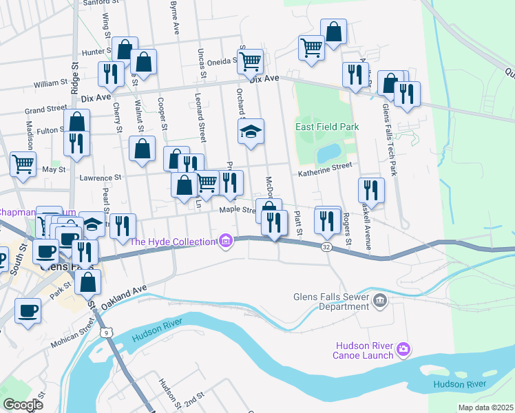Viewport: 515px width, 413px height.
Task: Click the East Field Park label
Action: pos(328,127)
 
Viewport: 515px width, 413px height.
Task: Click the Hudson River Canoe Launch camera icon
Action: pos(403,350)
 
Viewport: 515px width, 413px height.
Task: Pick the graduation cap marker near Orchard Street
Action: pos(251,131)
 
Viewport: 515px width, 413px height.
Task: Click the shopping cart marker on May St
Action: pos(23,165)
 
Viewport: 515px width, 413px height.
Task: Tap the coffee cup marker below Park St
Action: pos(28,310)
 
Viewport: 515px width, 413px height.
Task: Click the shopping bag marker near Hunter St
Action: pos(125,49)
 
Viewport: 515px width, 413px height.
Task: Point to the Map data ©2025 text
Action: pos(485,407)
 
